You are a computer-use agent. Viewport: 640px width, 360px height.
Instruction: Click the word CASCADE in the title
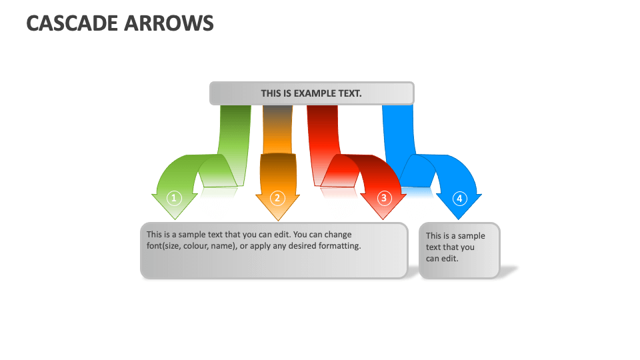(x=72, y=23)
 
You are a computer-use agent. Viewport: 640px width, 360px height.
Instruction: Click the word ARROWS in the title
(x=169, y=23)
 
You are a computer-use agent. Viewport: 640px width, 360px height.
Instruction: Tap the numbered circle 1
(x=174, y=198)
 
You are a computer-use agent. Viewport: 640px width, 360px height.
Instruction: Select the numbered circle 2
(x=277, y=198)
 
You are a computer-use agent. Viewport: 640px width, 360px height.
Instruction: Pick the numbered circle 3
(x=383, y=198)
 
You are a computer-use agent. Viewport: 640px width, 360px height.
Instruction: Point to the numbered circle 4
(x=459, y=198)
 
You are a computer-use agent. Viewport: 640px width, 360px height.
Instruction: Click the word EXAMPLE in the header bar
(x=311, y=93)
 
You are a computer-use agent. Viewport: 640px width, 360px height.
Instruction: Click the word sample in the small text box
(x=471, y=236)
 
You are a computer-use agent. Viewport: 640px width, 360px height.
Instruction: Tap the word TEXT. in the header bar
(x=351, y=93)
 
